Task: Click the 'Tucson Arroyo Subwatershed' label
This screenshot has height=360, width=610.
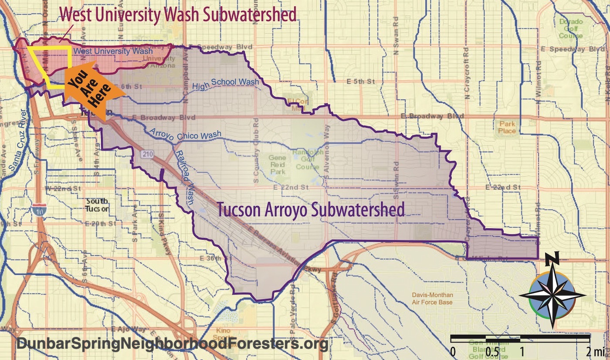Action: click(311, 210)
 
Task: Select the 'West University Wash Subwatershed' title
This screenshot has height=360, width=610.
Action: click(178, 14)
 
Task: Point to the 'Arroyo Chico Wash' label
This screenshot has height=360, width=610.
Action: click(185, 135)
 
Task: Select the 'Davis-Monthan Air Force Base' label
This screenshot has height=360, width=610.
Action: click(432, 299)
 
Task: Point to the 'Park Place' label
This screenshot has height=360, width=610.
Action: click(508, 127)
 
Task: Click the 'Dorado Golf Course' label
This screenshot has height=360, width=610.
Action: click(570, 28)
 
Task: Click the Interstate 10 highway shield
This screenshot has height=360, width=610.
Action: click(37, 210)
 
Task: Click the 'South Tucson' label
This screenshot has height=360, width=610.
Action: click(97, 205)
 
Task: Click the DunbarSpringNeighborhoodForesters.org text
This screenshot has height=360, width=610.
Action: click(172, 344)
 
